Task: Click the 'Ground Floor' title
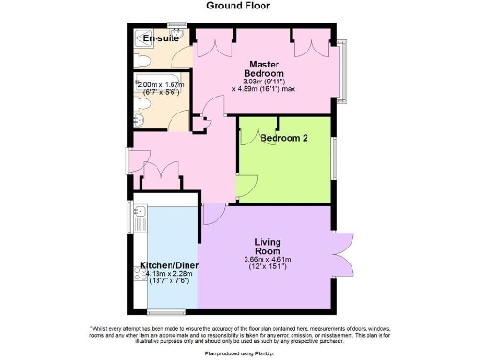(239, 6)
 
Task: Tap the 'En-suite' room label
(160, 38)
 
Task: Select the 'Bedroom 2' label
(283, 138)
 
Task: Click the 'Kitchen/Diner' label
(168, 264)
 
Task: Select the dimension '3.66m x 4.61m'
(267, 259)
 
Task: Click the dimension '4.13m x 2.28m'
(168, 275)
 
